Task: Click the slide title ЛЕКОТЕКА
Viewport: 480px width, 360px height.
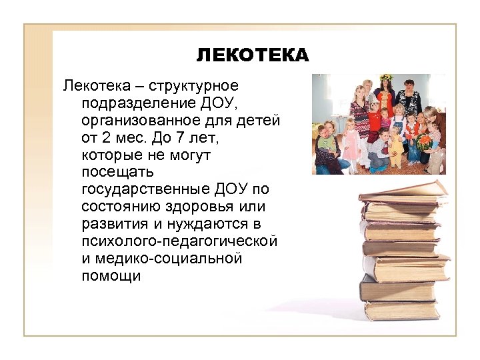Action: point(253,55)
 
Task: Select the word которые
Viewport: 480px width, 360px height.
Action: point(110,155)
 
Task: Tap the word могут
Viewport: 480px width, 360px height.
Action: point(187,155)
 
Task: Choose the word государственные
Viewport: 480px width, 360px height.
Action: point(146,190)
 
